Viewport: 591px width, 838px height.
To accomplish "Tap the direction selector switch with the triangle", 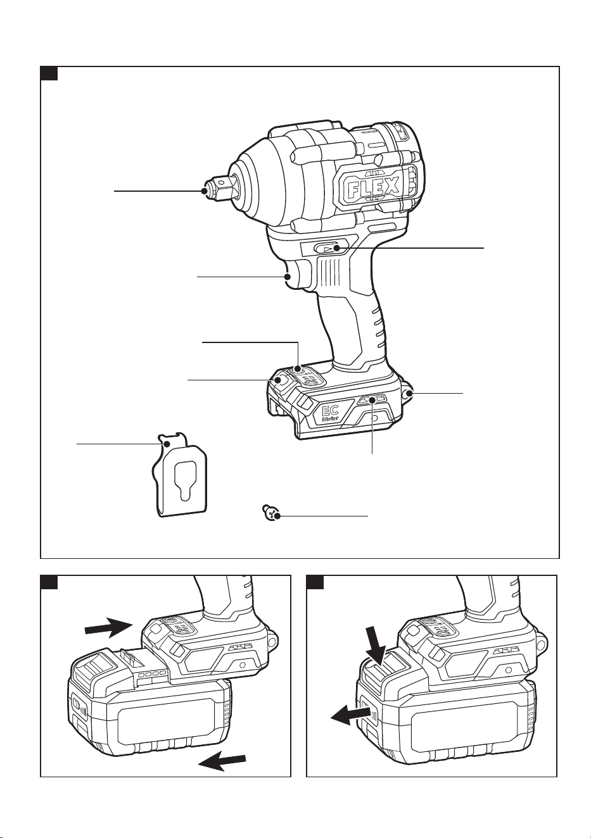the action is tap(328, 248).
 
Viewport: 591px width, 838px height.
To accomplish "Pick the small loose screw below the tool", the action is tap(272, 512).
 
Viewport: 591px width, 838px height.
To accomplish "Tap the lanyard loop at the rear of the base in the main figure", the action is tap(407, 392).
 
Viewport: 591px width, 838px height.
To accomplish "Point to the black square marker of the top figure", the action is tap(49, 73).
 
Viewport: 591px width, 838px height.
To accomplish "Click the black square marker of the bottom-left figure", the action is tap(49, 582).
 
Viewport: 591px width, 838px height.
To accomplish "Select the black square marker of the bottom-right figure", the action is tap(315, 582).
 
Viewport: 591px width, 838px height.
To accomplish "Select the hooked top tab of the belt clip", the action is tap(171, 440).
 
